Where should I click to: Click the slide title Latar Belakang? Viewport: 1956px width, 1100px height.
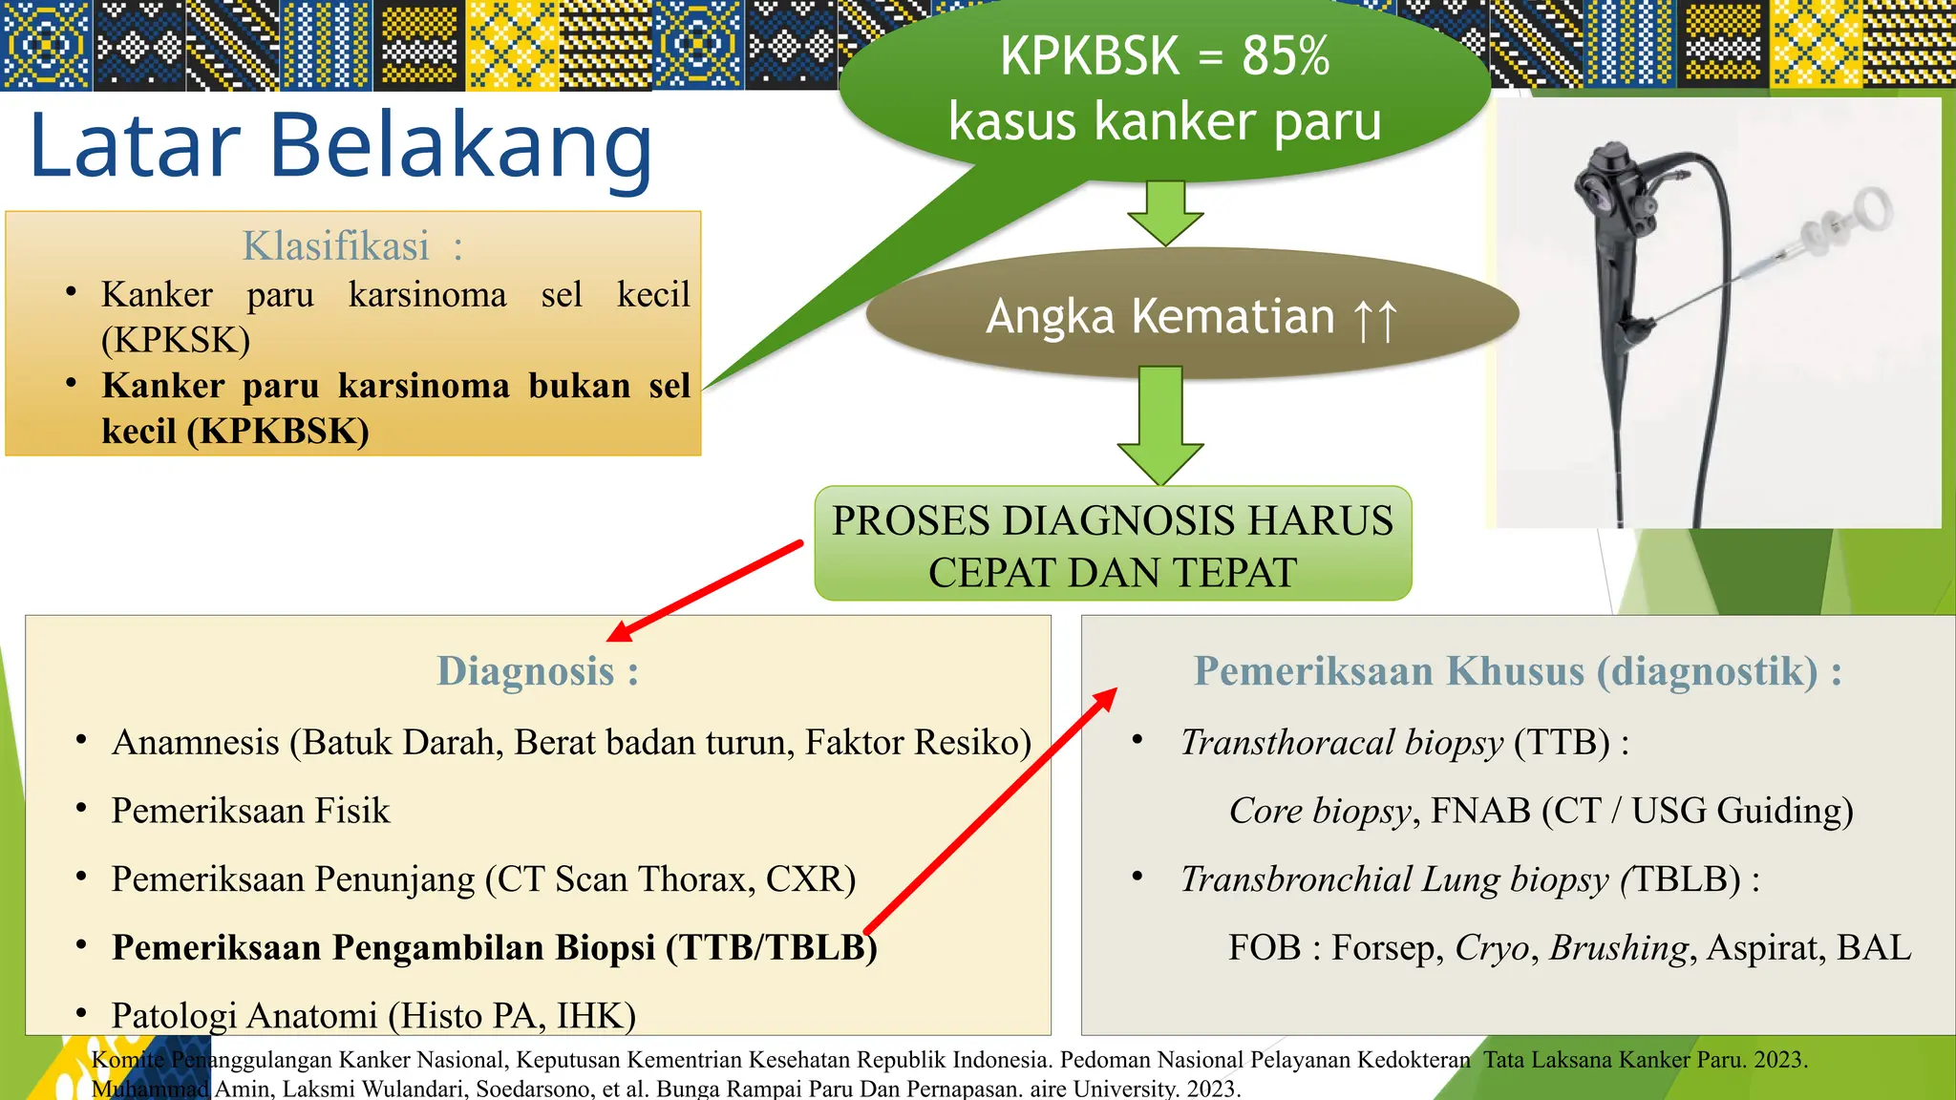(x=341, y=146)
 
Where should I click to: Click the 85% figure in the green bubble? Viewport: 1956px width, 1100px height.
(x=1285, y=56)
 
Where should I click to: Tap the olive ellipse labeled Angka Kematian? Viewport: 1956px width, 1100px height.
(x=1191, y=316)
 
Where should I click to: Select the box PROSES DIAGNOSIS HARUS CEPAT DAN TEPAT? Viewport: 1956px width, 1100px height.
(x=1112, y=544)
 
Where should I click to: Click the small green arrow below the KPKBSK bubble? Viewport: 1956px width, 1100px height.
(x=1165, y=213)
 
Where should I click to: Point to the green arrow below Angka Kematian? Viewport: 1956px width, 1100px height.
(x=1160, y=425)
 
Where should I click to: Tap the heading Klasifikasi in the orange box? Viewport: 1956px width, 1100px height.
(x=336, y=246)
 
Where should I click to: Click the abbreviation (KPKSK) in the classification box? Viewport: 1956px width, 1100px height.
(x=176, y=340)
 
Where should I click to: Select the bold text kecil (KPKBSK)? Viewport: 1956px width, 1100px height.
(x=235, y=431)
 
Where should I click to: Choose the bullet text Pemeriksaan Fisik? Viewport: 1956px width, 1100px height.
(x=250, y=811)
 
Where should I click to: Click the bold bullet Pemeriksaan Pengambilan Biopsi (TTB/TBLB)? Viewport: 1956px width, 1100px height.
(x=494, y=947)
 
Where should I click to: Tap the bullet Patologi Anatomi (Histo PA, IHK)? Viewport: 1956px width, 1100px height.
(x=373, y=1015)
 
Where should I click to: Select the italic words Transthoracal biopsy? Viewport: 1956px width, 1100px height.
(x=1341, y=742)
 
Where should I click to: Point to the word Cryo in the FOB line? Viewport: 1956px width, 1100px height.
(x=1491, y=947)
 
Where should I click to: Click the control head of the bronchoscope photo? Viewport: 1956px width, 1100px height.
(x=1613, y=191)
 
